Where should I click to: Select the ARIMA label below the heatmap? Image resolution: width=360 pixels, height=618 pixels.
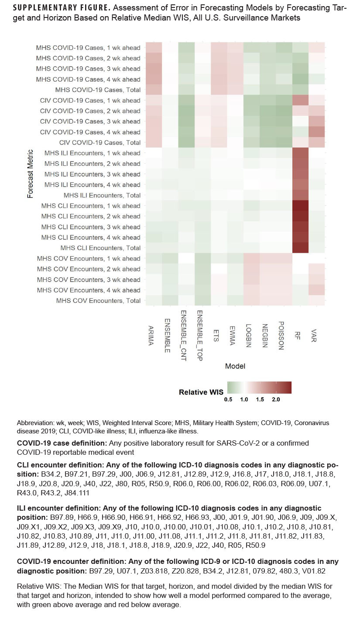pos(151,336)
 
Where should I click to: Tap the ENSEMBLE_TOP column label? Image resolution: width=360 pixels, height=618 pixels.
pos(199,331)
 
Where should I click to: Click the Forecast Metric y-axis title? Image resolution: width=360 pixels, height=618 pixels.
pos(30,174)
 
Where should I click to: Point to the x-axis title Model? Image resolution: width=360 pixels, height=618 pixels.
pos(235,366)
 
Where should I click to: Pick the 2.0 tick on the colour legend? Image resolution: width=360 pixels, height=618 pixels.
pos(276,400)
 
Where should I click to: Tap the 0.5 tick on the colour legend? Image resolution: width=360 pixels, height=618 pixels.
pos(228,400)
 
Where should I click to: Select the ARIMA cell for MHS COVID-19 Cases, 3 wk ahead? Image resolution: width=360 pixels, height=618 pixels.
pos(153,69)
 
